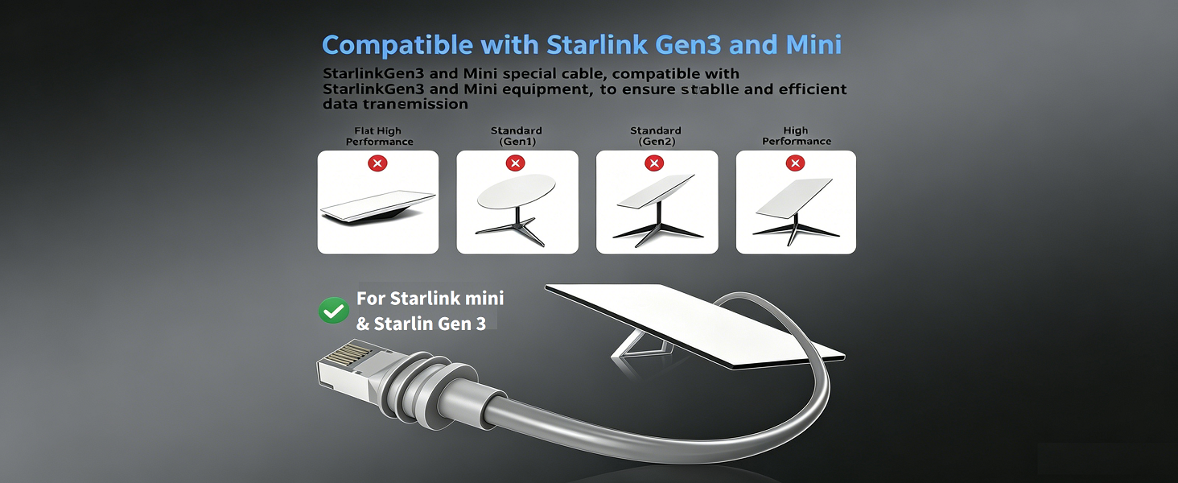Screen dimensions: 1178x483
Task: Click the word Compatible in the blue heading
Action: [397, 46]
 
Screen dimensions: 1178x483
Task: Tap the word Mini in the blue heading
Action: [813, 45]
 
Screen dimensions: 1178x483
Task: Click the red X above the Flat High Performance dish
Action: [377, 163]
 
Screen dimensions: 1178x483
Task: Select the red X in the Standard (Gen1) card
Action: [515, 163]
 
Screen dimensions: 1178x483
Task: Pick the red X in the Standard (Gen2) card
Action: [654, 163]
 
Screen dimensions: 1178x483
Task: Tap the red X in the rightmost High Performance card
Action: [795, 163]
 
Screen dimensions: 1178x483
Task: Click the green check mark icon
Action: [333, 311]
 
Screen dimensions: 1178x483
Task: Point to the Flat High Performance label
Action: [379, 136]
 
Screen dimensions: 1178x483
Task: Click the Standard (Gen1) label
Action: [517, 136]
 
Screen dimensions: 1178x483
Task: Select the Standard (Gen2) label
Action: [656, 136]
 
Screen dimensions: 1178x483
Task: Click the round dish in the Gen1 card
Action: [517, 191]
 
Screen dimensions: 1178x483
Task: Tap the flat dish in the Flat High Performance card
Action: [377, 207]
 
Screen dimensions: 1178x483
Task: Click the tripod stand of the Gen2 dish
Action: [657, 229]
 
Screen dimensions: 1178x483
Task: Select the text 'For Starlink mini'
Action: [430, 299]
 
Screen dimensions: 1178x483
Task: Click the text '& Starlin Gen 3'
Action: [421, 323]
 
